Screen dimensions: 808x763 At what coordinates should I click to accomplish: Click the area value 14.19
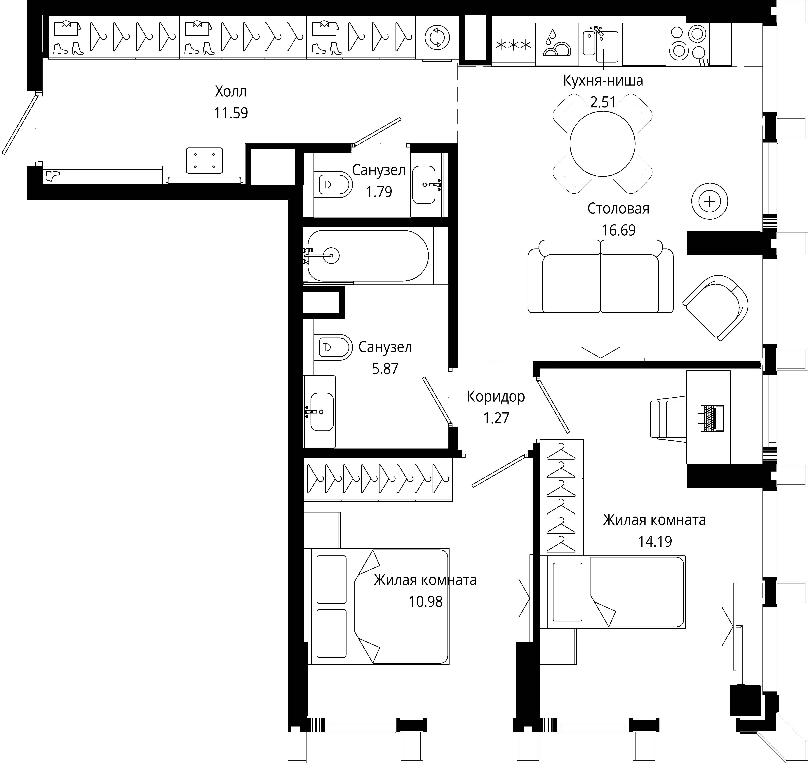tap(655, 541)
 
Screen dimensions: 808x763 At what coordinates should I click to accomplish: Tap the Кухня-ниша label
tap(603, 81)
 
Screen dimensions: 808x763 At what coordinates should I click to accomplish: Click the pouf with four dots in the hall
tap(204, 160)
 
